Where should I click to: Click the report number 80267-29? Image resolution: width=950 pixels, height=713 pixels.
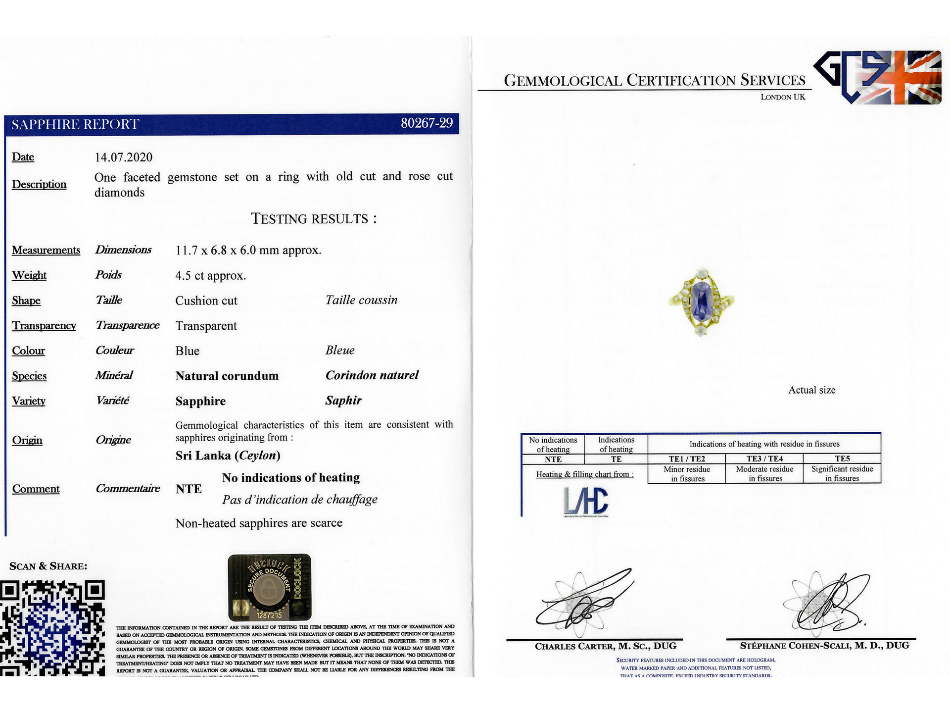point(426,123)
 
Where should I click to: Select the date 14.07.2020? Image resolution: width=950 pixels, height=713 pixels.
point(124,157)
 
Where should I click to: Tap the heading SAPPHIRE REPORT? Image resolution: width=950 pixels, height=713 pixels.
point(75,124)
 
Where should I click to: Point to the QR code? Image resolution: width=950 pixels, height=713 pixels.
point(52,628)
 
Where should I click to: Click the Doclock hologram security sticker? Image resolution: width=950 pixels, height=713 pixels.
point(270,587)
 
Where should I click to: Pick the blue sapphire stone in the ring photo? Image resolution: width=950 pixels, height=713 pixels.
point(701,299)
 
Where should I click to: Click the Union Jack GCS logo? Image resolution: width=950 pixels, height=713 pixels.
point(878,77)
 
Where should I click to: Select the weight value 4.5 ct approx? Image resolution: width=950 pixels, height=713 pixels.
point(210,276)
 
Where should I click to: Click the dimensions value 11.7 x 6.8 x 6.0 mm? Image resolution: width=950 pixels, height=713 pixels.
point(248,251)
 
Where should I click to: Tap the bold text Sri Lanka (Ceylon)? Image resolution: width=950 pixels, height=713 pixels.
point(228,456)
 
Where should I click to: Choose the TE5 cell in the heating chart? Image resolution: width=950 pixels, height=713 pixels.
point(842,458)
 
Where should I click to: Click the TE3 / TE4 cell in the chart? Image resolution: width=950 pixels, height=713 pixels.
point(764,458)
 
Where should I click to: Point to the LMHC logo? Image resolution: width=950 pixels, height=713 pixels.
point(586,501)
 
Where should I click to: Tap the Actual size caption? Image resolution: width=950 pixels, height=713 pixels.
point(811,390)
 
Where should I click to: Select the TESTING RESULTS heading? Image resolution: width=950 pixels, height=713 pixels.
point(314,219)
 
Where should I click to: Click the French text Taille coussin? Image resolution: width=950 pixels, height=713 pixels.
point(361,300)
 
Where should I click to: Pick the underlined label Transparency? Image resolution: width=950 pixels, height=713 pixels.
point(44,326)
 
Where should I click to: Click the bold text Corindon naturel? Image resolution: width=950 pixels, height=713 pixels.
point(372,375)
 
